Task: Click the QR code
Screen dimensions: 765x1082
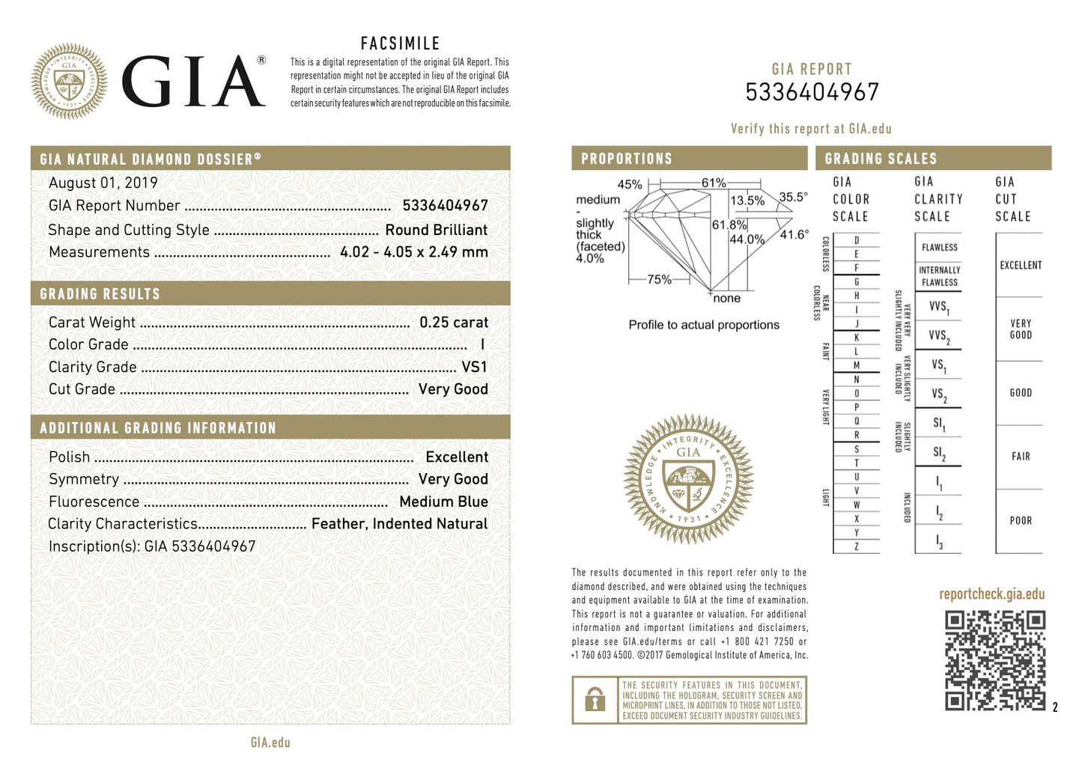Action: (994, 659)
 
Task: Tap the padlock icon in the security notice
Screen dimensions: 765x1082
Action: (595, 700)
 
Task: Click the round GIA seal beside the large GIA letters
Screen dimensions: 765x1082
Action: (69, 82)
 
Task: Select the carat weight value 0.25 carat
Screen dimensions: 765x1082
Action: (453, 323)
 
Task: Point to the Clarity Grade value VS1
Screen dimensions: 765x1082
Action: (474, 367)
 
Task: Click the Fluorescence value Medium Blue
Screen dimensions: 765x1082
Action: (443, 502)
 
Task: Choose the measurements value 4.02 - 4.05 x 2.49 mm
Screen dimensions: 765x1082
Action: (413, 252)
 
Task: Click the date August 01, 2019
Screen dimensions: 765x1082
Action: (103, 183)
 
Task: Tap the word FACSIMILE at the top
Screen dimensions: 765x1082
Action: (400, 43)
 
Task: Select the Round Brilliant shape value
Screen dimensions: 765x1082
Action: (436, 230)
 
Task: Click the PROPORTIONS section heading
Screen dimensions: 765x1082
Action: (627, 159)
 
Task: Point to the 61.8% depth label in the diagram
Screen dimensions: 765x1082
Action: (729, 225)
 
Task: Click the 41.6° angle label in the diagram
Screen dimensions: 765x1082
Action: (794, 234)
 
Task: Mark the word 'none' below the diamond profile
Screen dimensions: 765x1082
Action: (726, 299)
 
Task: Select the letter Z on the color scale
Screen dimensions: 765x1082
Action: (857, 546)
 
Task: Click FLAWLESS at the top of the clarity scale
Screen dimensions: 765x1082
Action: (939, 247)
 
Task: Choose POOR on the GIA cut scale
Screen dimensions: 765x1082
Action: (1021, 520)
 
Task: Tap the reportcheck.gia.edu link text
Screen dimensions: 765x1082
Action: (991, 594)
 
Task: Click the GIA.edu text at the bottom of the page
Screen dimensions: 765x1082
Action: (270, 743)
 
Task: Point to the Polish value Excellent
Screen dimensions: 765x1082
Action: (456, 457)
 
